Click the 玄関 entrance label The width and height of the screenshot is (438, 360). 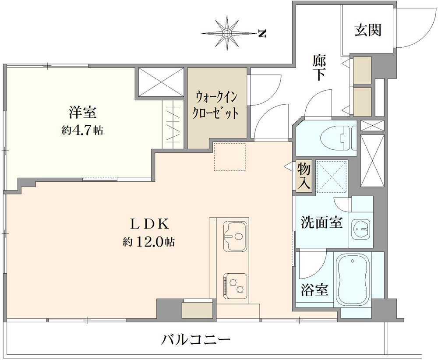(x=368, y=30)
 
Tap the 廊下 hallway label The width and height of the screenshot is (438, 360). (x=319, y=67)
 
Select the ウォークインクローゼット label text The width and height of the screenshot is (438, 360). (x=217, y=106)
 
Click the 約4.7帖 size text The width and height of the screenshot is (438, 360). (x=82, y=131)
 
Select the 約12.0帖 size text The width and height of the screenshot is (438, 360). (x=149, y=242)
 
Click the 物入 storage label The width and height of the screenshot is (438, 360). (x=304, y=176)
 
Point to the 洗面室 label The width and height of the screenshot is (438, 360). (x=321, y=222)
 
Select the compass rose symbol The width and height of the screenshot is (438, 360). (x=227, y=32)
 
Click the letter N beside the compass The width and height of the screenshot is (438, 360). (x=262, y=33)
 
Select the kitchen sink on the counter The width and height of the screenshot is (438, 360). (x=235, y=236)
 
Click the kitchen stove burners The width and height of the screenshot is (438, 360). (x=236, y=285)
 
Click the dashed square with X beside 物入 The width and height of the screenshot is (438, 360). (x=332, y=176)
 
